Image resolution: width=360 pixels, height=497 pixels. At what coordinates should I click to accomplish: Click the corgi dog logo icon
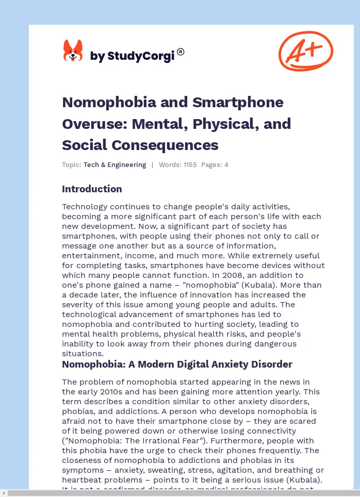pos(73,51)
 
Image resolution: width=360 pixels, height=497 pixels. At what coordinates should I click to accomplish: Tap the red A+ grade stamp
pos(305,51)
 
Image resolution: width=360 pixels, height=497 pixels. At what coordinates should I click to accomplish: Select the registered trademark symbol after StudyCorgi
pos(181,52)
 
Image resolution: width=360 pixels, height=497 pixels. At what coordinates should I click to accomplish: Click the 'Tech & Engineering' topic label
pos(114,165)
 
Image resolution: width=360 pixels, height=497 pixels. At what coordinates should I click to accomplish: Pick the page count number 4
pos(226,165)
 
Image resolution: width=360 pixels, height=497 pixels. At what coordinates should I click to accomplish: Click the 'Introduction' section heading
pos(92,189)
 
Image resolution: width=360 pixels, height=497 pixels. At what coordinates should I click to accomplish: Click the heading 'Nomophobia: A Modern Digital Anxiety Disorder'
pos(177,365)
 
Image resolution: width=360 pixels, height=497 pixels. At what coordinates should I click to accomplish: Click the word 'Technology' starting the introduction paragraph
pos(84,207)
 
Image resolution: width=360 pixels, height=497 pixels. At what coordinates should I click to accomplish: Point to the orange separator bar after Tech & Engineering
pos(152,165)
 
